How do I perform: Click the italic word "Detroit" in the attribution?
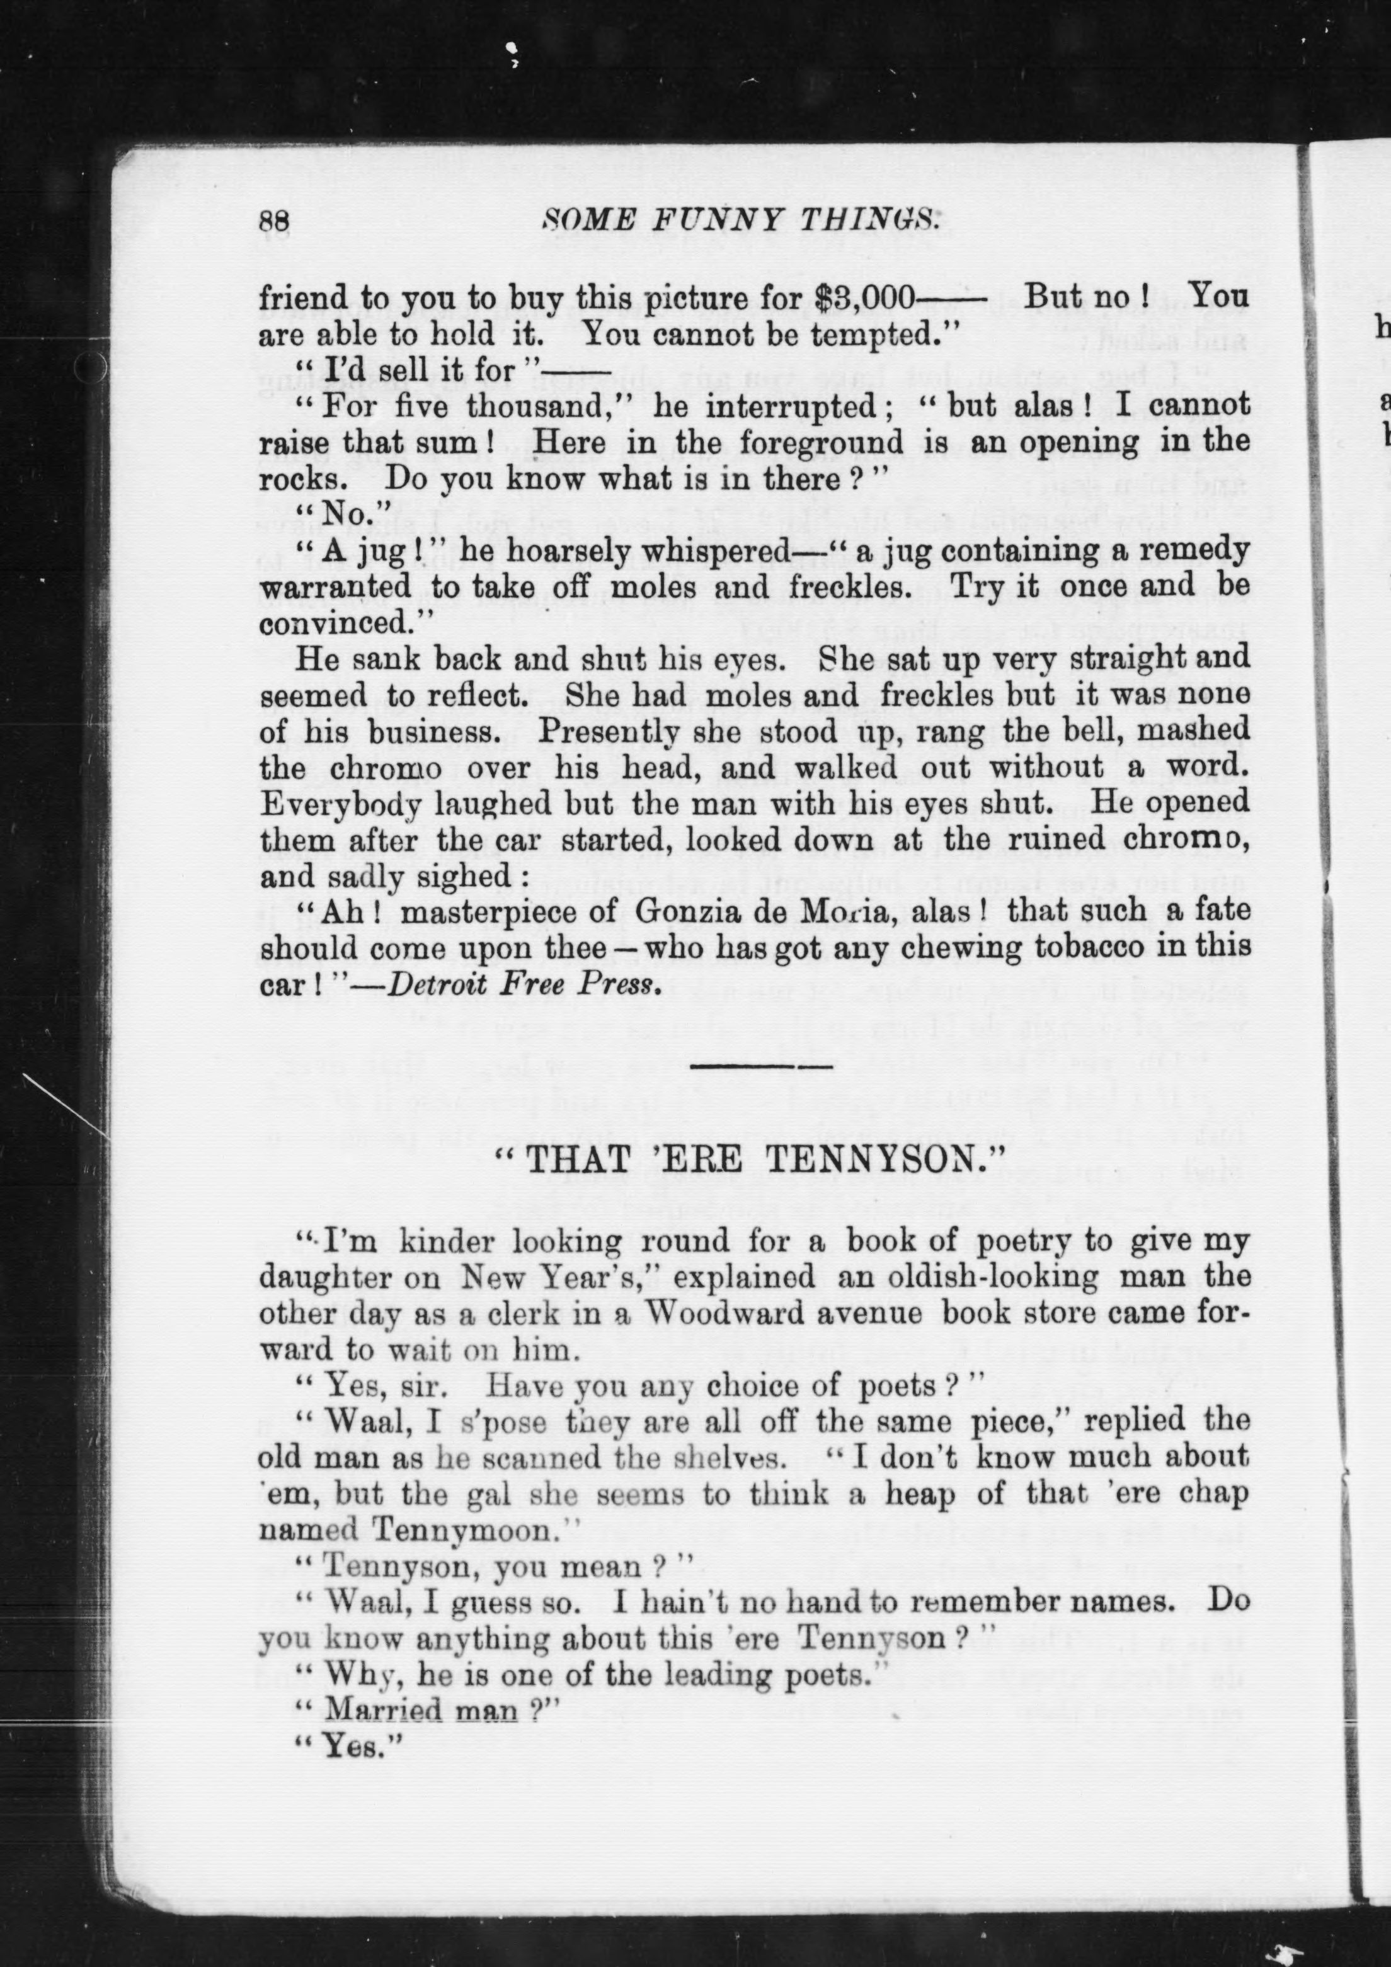tap(438, 985)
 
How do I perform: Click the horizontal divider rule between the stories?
tap(761, 1066)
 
